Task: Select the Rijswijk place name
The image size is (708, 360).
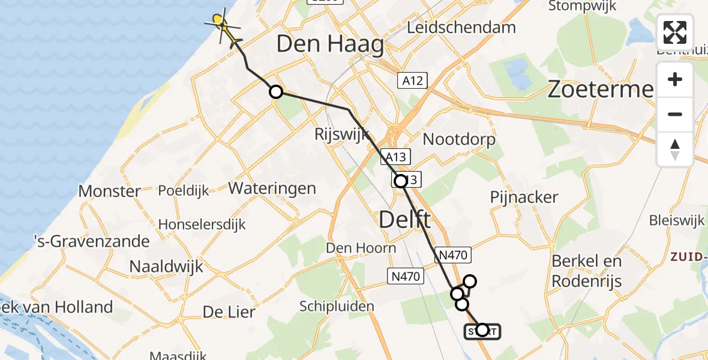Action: tap(340, 134)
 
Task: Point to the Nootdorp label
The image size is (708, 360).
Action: tap(459, 140)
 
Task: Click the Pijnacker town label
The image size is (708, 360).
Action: tap(524, 197)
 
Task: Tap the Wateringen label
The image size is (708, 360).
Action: tap(272, 188)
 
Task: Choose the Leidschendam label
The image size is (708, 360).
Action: tap(461, 27)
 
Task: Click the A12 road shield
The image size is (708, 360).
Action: tap(412, 81)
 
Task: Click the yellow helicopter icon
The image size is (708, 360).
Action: tap(223, 27)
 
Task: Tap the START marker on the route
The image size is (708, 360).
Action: tap(481, 331)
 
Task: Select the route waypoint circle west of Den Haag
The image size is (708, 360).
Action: tap(275, 92)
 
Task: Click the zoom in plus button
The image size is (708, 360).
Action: tap(675, 80)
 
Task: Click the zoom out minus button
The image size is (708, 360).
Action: tap(675, 114)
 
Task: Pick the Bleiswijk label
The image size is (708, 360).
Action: tap(676, 220)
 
